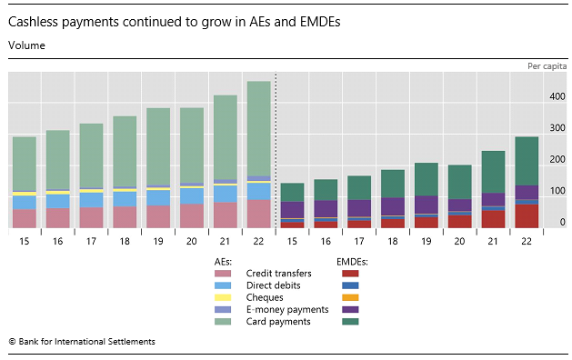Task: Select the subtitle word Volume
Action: point(26,44)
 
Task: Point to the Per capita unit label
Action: point(546,66)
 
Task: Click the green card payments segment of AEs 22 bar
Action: point(258,127)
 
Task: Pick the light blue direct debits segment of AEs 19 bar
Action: point(158,197)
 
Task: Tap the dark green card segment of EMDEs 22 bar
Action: point(527,161)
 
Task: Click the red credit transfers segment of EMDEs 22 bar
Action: point(527,216)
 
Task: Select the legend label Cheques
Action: point(265,297)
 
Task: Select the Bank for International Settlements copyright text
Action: point(82,342)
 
